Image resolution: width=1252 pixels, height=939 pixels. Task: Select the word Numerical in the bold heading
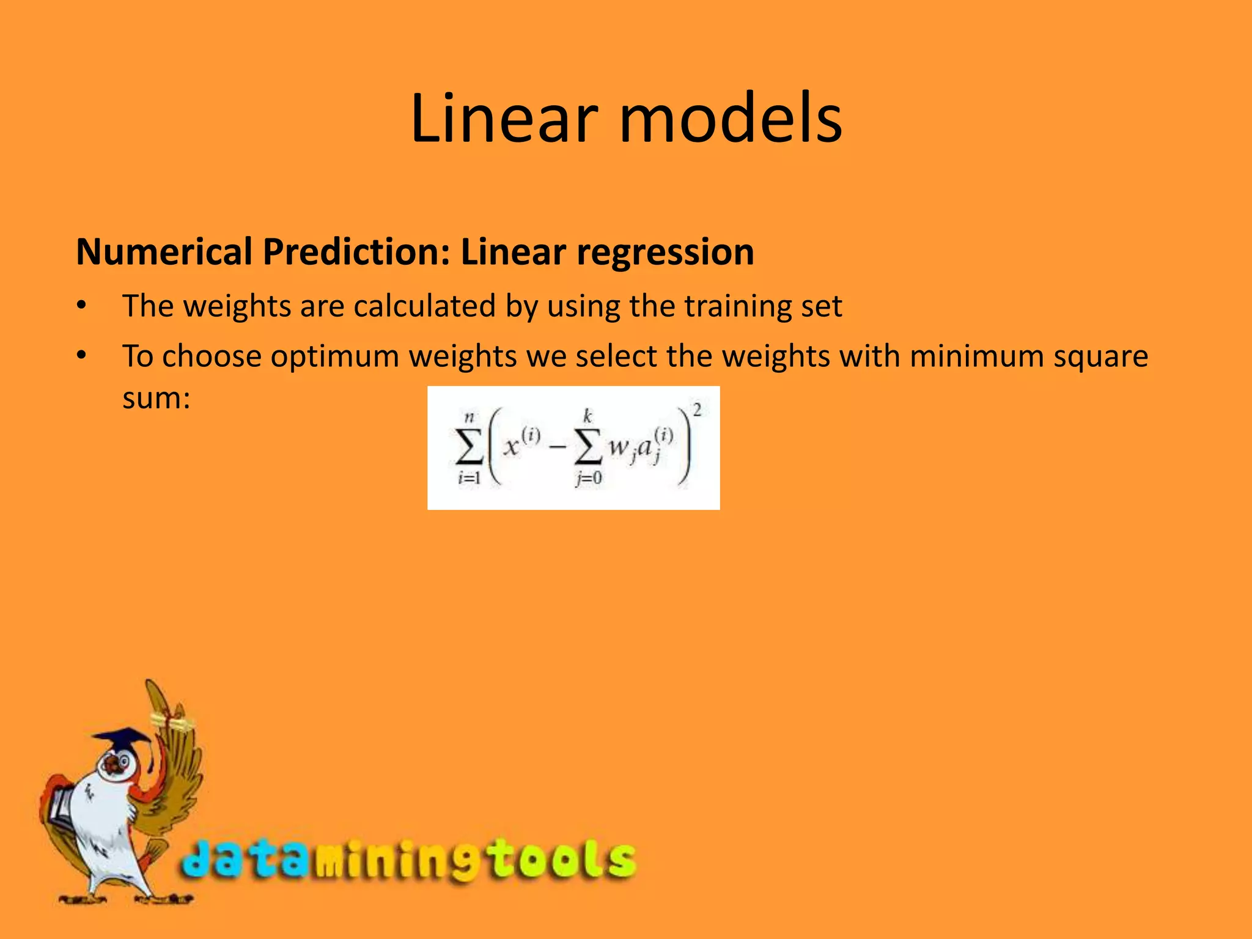click(164, 252)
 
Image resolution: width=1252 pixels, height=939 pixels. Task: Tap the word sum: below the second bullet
click(156, 398)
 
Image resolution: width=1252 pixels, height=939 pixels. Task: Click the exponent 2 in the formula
click(697, 410)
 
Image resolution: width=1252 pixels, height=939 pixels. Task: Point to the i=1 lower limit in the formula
click(469, 478)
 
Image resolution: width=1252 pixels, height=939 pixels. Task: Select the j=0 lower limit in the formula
click(588, 479)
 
